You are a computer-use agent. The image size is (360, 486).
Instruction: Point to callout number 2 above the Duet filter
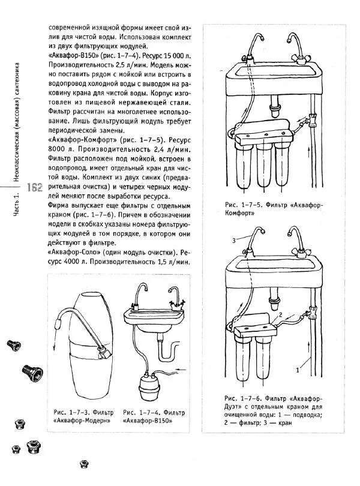click(x=279, y=314)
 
